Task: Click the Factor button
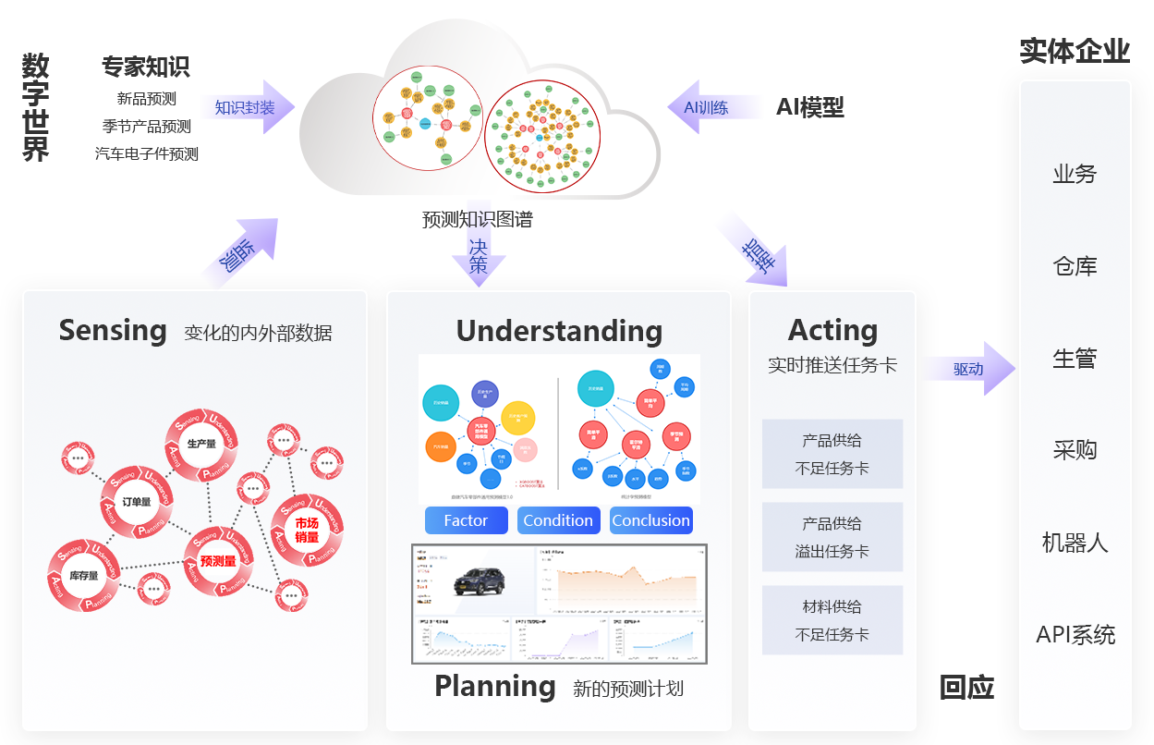pyautogui.click(x=466, y=520)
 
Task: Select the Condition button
pyautogui.click(x=558, y=520)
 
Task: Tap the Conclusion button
pyautogui.click(x=650, y=520)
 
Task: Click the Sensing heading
pyautogui.click(x=113, y=330)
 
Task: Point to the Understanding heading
pyautogui.click(x=559, y=331)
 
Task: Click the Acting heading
pyautogui.click(x=832, y=330)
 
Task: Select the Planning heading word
pyautogui.click(x=495, y=686)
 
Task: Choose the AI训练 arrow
pyautogui.click(x=711, y=108)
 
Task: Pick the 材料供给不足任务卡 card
pyautogui.click(x=832, y=620)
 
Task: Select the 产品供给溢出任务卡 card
pyautogui.click(x=832, y=537)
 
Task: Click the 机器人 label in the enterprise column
pyautogui.click(x=1075, y=543)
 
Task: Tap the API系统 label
pyautogui.click(x=1075, y=635)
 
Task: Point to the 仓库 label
pyautogui.click(x=1075, y=267)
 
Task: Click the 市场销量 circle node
pyautogui.click(x=307, y=531)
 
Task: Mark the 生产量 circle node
pyautogui.click(x=201, y=445)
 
